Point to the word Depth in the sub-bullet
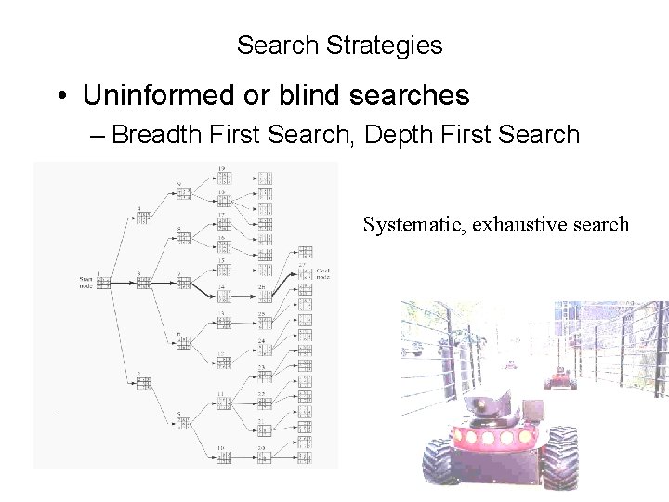(x=398, y=136)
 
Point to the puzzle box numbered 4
(x=142, y=218)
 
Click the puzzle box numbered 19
(x=223, y=178)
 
